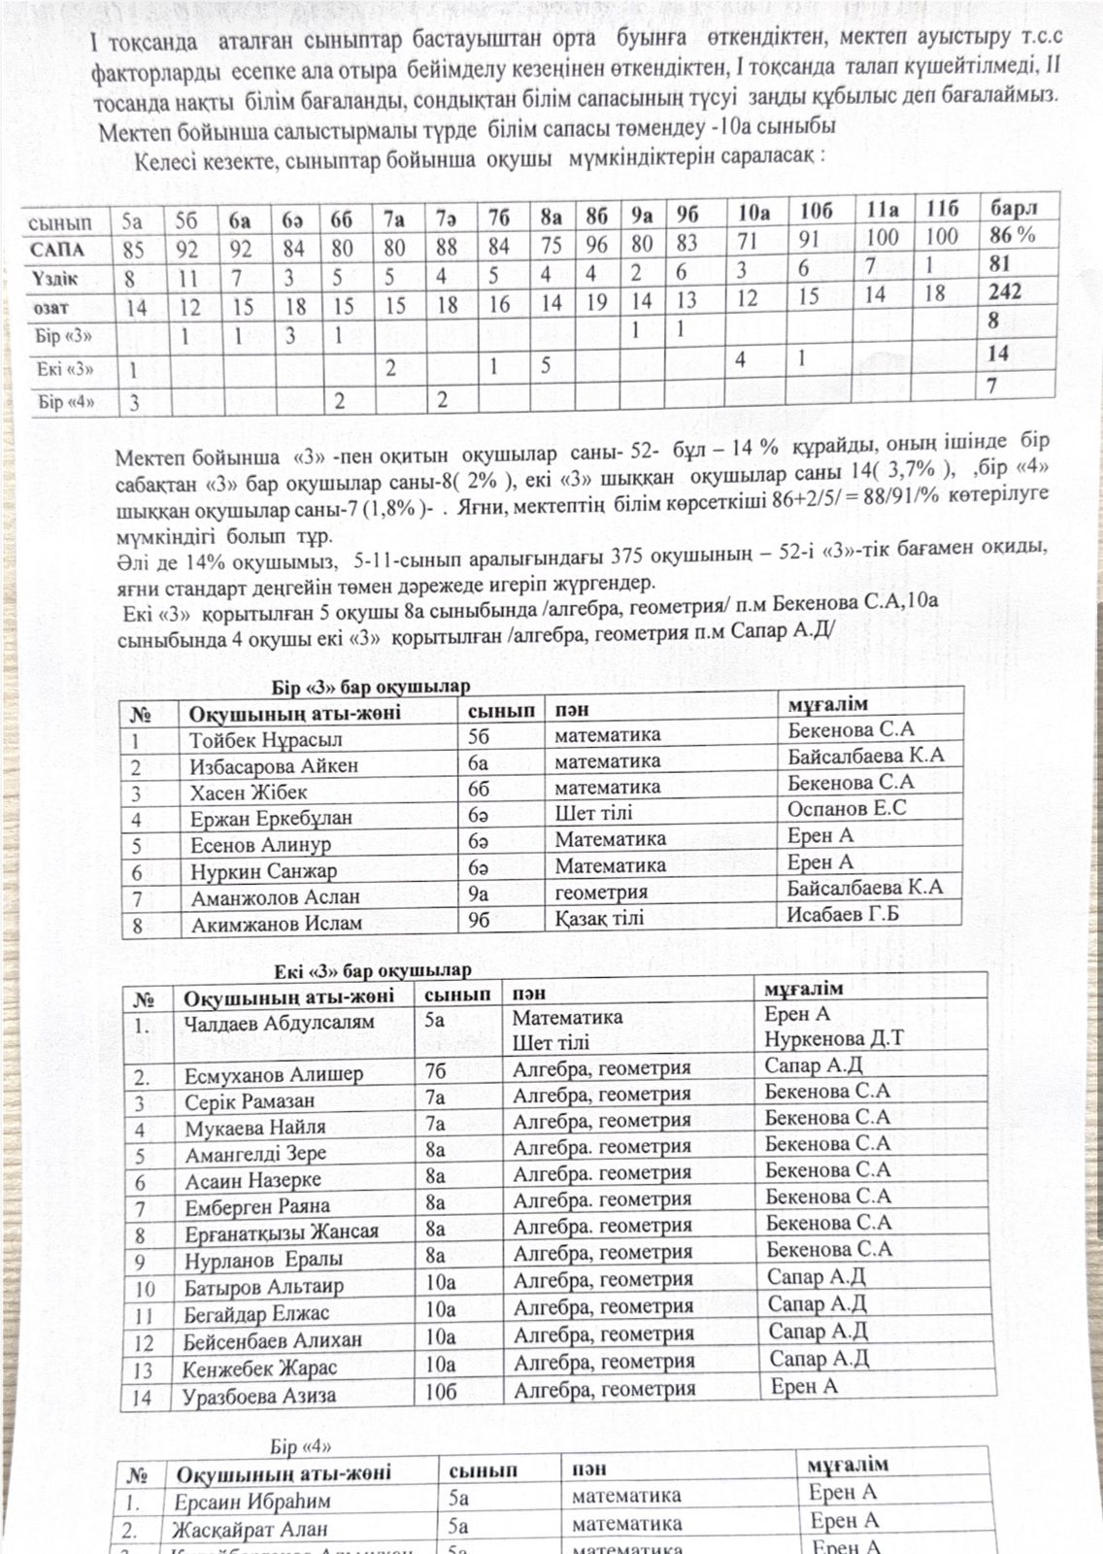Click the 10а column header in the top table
[x=753, y=213]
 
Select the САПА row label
[x=57, y=250]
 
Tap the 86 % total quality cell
[x=1013, y=234]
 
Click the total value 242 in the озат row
[x=1006, y=291]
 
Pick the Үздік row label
[x=55, y=279]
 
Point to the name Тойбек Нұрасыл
[x=265, y=739]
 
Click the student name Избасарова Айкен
[x=274, y=765]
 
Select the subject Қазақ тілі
[x=599, y=918]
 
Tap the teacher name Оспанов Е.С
[x=847, y=808]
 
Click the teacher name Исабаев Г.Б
[x=843, y=913]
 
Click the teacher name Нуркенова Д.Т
[x=833, y=1038]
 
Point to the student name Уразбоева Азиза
[x=259, y=1397]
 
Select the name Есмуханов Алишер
[x=274, y=1075]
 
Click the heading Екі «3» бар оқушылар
[x=372, y=970]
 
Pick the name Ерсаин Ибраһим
[x=252, y=1502]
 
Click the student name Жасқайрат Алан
[x=250, y=1530]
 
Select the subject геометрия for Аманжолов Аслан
[x=601, y=892]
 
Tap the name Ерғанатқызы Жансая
[x=282, y=1233]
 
